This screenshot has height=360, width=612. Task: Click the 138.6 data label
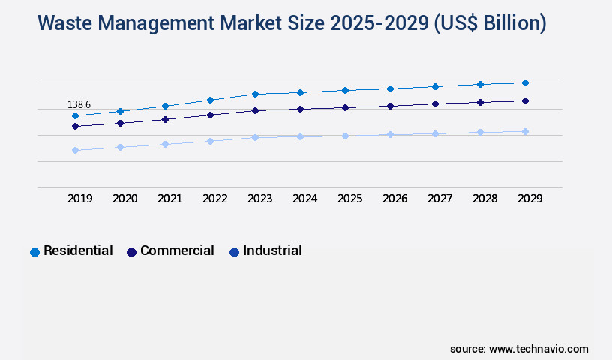(79, 104)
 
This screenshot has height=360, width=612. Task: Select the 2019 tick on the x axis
(80, 199)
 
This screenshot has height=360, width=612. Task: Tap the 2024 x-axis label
(305, 199)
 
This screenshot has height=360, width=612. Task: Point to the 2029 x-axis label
(530, 199)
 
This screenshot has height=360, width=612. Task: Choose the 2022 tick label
(215, 199)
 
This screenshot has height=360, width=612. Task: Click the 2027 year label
(440, 199)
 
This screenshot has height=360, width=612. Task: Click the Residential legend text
(78, 250)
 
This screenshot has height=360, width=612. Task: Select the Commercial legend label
(177, 250)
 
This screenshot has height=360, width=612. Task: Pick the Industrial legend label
(272, 250)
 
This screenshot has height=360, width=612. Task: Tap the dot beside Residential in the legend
(34, 252)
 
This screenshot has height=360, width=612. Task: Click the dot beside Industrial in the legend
(234, 252)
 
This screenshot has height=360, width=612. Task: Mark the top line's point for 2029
(525, 82)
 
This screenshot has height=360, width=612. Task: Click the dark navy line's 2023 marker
(255, 110)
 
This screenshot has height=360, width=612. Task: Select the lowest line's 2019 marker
(75, 150)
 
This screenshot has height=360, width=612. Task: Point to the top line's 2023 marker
(255, 94)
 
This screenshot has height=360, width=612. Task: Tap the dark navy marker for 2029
(525, 100)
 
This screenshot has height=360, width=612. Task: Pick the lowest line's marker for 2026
(390, 134)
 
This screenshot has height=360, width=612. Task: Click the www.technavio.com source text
(538, 349)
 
